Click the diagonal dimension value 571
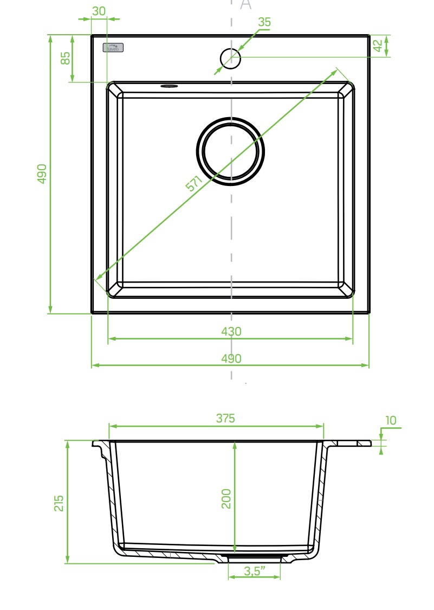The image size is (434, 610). tap(194, 183)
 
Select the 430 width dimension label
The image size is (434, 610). tap(231, 331)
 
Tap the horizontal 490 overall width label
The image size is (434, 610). tap(231, 358)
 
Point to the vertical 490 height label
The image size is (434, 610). tap(42, 174)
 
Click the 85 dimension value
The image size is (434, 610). tap(66, 58)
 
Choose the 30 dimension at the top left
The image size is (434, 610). tap(99, 11)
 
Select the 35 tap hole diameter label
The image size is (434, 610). tap(264, 22)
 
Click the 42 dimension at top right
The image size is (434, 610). tap(378, 46)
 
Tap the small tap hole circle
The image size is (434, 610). tap(230, 59)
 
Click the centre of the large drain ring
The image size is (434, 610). tap(230, 151)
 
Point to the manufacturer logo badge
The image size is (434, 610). tap(113, 48)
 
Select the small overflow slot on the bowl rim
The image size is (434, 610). tap(169, 86)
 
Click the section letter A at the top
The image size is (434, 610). tap(245, 5)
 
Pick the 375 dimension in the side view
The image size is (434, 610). tap(225, 418)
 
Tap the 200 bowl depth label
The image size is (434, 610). tap(226, 498)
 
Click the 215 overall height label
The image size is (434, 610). tap(59, 503)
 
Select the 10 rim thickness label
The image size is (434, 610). tap(391, 420)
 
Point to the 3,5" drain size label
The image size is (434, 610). tap(254, 570)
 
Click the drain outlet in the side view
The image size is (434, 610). tap(254, 557)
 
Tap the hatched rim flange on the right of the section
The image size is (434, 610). tap(352, 444)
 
